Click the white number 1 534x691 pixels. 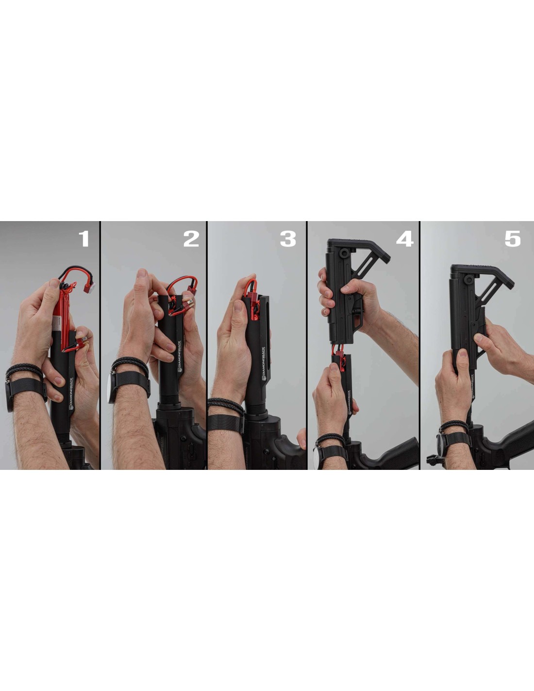[x=84, y=239]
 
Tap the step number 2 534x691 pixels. [x=191, y=239]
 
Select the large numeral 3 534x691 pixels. [x=288, y=239]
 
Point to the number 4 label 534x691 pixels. [x=405, y=239]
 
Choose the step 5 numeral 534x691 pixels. [x=513, y=239]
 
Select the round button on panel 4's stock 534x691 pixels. [x=344, y=254]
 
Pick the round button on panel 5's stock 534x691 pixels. [x=468, y=279]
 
